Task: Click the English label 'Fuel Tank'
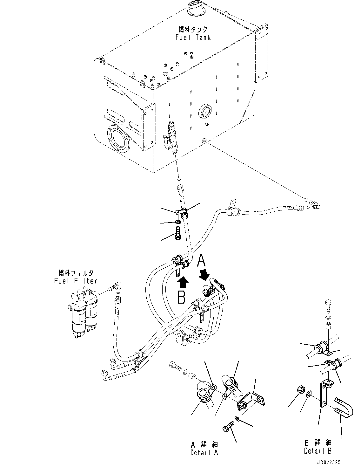[x=193, y=38]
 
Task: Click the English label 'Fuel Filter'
[x=76, y=281]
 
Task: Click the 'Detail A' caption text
[x=204, y=453]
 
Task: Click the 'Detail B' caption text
[x=318, y=451]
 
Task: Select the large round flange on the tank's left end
[x=118, y=140]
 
